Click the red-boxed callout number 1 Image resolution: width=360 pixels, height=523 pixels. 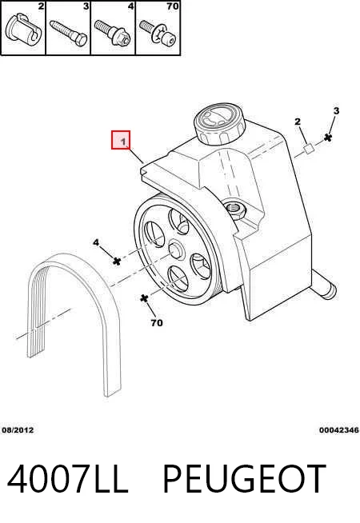(x=123, y=142)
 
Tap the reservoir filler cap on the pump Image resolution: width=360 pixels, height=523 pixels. (x=219, y=125)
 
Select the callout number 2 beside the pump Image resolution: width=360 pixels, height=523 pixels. (x=298, y=122)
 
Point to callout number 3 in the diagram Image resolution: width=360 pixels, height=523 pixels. (x=336, y=110)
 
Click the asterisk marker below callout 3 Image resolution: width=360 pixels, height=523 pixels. (x=328, y=137)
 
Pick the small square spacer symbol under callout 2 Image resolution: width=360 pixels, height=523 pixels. (x=309, y=149)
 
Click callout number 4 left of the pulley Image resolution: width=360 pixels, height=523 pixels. (x=96, y=242)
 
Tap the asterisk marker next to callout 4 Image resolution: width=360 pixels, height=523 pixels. (x=117, y=261)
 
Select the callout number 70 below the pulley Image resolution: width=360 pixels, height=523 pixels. (x=157, y=323)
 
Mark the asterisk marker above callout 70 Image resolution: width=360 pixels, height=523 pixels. (x=144, y=298)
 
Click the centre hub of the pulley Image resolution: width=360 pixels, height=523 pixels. (x=176, y=250)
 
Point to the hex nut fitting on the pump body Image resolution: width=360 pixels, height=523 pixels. (x=236, y=210)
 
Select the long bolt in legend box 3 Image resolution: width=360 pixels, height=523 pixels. (x=69, y=33)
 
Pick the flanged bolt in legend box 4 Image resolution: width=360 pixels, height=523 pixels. (x=112, y=33)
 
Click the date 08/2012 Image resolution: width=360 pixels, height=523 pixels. (x=18, y=430)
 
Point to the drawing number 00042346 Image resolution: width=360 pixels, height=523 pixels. (x=339, y=430)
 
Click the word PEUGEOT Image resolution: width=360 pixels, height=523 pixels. (x=244, y=479)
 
